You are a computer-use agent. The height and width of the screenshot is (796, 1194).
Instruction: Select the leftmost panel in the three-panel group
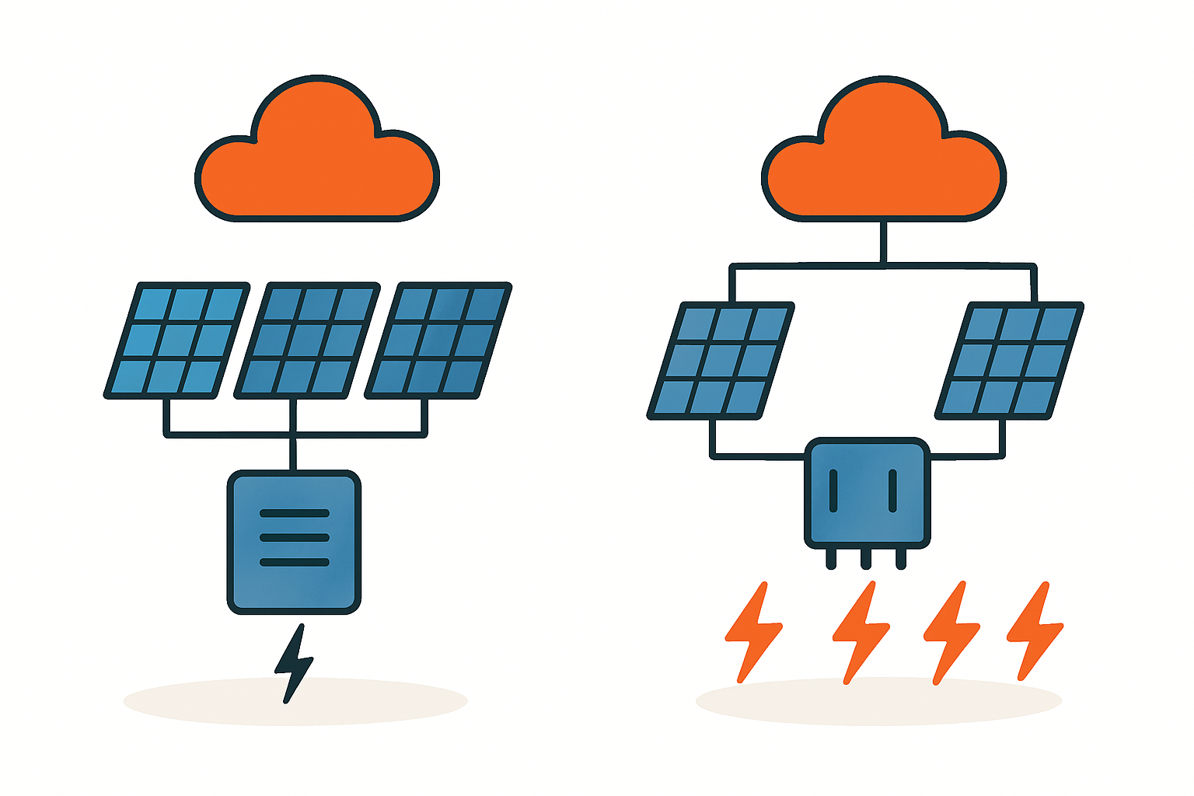(x=176, y=340)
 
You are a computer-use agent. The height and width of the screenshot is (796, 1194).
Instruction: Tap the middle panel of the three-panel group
(x=307, y=340)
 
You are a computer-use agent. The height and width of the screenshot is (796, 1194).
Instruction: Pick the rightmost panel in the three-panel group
(x=438, y=340)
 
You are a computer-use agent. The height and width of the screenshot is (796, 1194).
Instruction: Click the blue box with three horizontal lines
(x=294, y=542)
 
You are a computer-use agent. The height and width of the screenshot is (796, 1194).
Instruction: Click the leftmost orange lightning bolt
(x=752, y=631)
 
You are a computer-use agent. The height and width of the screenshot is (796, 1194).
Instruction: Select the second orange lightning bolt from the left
(x=861, y=631)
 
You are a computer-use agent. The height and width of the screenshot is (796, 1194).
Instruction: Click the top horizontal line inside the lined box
(x=294, y=514)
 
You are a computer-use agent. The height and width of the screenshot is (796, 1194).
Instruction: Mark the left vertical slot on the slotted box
(x=833, y=491)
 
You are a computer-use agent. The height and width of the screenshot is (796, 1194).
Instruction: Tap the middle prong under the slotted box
(x=866, y=558)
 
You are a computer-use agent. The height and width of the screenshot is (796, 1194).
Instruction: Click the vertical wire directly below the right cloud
(x=883, y=243)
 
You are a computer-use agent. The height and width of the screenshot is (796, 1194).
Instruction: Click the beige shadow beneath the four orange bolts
(x=878, y=703)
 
